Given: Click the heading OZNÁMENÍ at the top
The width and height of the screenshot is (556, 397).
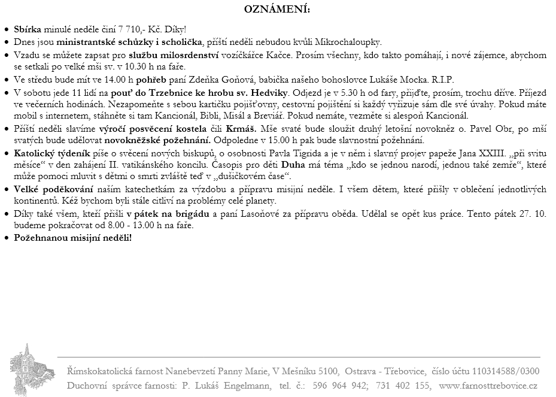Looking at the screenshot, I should point(277,10).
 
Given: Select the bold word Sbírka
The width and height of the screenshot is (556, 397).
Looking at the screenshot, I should point(28,29).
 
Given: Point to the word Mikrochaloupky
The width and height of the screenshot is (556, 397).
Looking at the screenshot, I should point(350,43).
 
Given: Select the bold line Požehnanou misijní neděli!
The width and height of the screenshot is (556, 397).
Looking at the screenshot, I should point(72,238).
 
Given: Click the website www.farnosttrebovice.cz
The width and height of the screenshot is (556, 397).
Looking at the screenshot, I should point(488,386).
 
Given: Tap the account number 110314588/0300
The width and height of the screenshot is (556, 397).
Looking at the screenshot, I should point(505,371).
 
